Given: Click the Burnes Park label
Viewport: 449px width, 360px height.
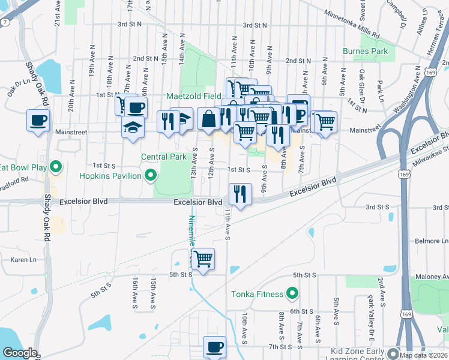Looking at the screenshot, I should pyautogui.click(x=365, y=52).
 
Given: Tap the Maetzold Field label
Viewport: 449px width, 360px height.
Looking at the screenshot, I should pyautogui.click(x=194, y=96).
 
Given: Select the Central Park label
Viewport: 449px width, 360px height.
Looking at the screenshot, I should pyautogui.click(x=164, y=157).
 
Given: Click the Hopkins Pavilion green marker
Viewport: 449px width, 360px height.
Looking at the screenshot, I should pyautogui.click(x=151, y=176).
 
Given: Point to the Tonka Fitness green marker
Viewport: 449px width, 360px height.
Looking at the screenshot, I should pyautogui.click(x=292, y=293).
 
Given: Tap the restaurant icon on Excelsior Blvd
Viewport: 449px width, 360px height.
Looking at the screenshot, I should pyautogui.click(x=240, y=193).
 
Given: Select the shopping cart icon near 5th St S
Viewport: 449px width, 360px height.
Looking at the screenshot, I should pyautogui.click(x=203, y=259).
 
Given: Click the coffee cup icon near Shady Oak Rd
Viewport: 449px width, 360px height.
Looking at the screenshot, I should pyautogui.click(x=38, y=119).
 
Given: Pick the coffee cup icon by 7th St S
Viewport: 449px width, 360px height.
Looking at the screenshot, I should pyautogui.click(x=215, y=346).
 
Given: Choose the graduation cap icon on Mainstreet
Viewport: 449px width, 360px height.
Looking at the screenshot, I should pyautogui.click(x=133, y=127).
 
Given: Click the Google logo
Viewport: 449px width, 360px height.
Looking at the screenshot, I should pyautogui.click(x=19, y=353).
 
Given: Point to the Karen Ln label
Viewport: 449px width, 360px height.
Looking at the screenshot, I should pyautogui.click(x=23, y=260).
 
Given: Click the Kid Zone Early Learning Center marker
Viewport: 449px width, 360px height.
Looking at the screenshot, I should pyautogui.click(x=393, y=353).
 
